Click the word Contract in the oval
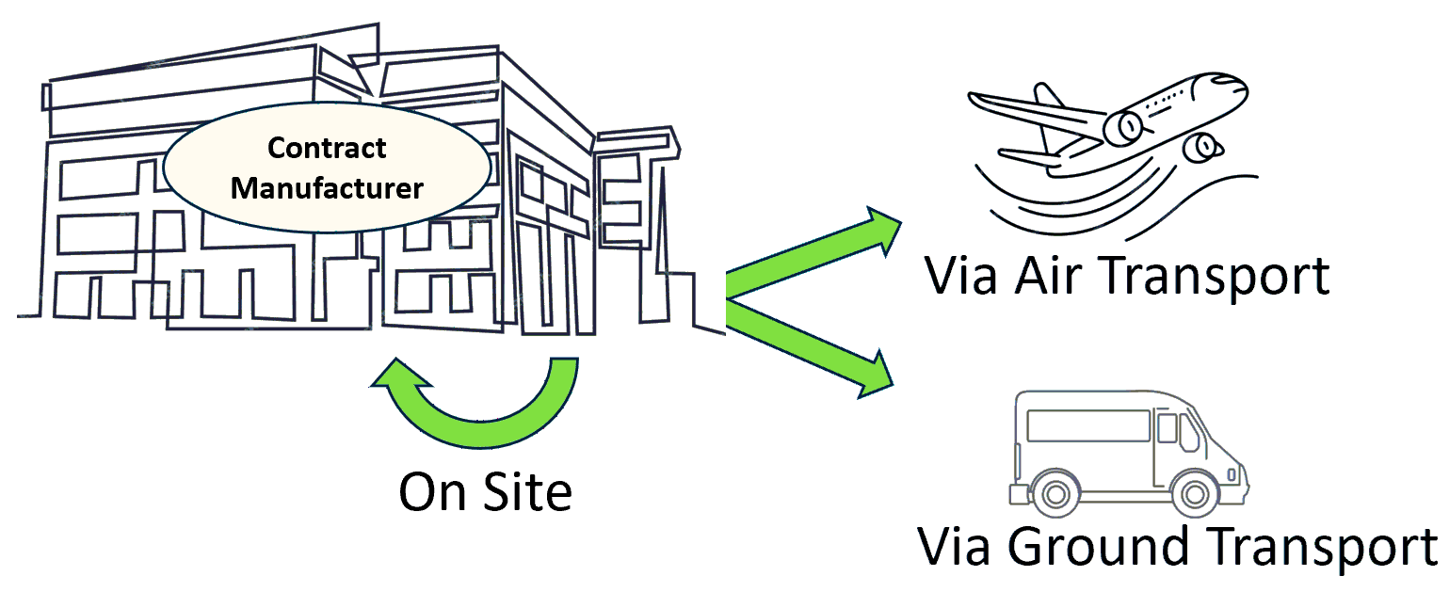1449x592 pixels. [x=327, y=149]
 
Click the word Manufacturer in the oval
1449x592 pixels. [x=327, y=187]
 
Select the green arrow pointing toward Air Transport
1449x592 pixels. [x=810, y=255]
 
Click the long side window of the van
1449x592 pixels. [x=1087, y=425]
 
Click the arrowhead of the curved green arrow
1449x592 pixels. [x=400, y=377]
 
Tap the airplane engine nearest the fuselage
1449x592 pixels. [x=1123, y=126]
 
